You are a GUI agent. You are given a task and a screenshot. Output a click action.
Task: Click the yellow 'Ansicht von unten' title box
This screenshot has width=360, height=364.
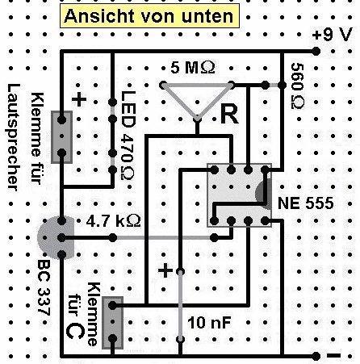click(x=149, y=16)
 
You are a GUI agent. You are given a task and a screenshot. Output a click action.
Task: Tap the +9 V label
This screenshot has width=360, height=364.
click(x=333, y=35)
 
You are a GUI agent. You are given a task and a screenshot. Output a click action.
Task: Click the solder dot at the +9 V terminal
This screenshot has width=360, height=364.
click(x=316, y=51)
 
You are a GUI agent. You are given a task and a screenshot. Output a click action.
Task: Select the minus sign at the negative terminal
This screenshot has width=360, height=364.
click(x=333, y=356)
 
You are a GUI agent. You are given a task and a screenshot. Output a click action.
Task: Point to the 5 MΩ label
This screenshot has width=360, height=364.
click(x=193, y=67)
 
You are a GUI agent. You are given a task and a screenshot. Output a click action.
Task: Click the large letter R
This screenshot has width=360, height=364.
click(x=229, y=114)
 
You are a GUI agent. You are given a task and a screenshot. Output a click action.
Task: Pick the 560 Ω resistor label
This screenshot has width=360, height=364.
click(x=298, y=86)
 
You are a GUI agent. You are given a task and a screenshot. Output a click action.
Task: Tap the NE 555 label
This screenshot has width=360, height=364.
click(x=306, y=203)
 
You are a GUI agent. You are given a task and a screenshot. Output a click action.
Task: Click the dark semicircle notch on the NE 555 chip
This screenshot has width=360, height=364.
click(x=262, y=193)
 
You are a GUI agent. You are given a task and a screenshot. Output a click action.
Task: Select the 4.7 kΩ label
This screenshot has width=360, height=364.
click(x=113, y=221)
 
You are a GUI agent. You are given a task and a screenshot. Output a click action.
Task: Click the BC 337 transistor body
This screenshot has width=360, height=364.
click(x=56, y=237)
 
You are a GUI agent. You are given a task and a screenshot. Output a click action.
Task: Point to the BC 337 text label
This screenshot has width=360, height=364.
click(x=44, y=287)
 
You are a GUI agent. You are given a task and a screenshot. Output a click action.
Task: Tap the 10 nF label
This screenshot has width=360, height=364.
click(x=209, y=323)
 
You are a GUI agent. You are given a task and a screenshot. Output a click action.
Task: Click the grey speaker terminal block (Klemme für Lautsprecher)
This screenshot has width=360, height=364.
click(x=61, y=137)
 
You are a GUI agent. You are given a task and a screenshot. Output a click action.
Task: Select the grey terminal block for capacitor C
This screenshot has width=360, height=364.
click(x=113, y=323)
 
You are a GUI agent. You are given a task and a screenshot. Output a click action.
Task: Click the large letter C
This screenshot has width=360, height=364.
click(x=75, y=330)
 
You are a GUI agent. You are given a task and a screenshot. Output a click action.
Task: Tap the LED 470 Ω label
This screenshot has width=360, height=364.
click(x=127, y=135)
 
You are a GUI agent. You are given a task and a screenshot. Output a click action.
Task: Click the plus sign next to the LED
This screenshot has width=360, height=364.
click(x=79, y=100)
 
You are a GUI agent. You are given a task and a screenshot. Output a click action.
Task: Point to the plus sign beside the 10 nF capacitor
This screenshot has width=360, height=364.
click(x=165, y=270)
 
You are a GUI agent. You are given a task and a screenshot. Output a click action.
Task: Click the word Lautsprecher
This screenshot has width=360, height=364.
click(x=13, y=137)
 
